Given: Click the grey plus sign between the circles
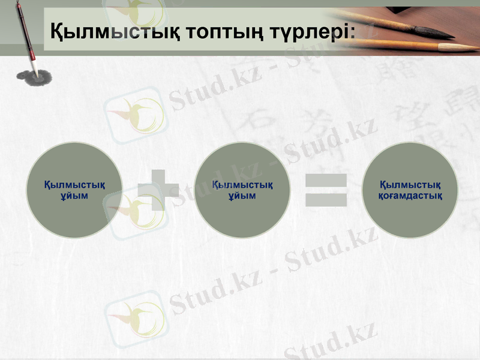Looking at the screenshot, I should (x=158, y=190).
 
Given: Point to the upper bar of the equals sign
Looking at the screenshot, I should (x=326, y=180).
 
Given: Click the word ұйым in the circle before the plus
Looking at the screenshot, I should (x=75, y=196).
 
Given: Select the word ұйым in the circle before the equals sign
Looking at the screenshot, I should (x=242, y=196).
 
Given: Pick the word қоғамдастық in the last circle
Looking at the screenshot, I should (x=410, y=196).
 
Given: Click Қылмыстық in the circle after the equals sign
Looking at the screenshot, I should (x=411, y=184).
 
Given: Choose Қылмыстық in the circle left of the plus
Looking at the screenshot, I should (x=75, y=184).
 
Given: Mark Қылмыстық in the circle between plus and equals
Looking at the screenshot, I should (x=242, y=184).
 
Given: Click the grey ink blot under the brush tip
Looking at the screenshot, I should (x=34, y=77).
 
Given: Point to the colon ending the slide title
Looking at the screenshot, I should (x=351, y=31).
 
